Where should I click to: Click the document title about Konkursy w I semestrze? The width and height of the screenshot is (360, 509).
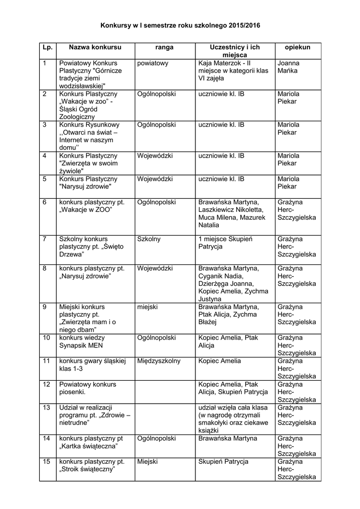180,24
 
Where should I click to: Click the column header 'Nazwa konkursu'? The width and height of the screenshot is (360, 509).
95,47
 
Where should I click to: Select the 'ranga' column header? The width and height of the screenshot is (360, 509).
165,47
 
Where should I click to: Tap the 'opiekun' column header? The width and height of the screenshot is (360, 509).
297,47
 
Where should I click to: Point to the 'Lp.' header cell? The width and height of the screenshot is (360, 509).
47,47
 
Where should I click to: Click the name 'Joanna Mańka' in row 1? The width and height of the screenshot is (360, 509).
288,67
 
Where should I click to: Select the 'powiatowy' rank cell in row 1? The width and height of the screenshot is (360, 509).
153,64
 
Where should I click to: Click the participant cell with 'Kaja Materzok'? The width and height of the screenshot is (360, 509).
233,71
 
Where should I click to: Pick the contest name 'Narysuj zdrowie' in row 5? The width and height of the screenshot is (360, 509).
88,182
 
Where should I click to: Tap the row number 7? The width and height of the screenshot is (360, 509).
45,239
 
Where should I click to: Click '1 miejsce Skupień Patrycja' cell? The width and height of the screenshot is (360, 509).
225,243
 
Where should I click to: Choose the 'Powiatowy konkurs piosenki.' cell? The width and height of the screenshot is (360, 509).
88,388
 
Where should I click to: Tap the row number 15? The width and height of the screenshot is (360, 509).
47,462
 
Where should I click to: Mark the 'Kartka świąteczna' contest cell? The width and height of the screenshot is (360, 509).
91,442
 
